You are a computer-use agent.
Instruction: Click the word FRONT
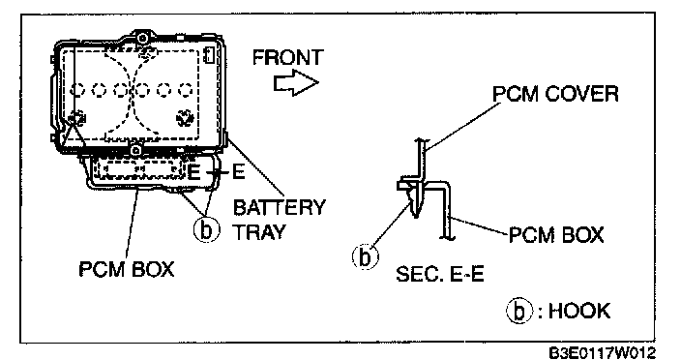point(288,57)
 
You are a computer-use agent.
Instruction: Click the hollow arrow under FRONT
point(296,82)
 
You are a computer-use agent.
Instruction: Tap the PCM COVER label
point(555,94)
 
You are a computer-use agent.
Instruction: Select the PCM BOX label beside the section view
point(556,235)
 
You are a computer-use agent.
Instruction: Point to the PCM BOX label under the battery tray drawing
point(127,269)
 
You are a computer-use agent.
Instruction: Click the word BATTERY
point(279,207)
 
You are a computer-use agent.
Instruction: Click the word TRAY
point(259,232)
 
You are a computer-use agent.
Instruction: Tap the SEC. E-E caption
point(440,274)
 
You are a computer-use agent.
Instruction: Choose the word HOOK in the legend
point(579,311)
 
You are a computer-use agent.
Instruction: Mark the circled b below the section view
point(365,256)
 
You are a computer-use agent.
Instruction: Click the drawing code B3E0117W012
point(602,352)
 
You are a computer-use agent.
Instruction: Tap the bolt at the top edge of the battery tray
point(141,38)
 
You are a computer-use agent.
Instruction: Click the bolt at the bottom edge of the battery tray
point(135,151)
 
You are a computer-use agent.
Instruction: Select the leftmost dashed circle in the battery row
point(77,90)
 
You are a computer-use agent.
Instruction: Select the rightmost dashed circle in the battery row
point(186,90)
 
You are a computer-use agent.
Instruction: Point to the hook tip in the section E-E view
point(415,215)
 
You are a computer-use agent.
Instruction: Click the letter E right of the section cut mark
point(238,172)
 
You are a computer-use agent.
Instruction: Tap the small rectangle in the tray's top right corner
point(209,55)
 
